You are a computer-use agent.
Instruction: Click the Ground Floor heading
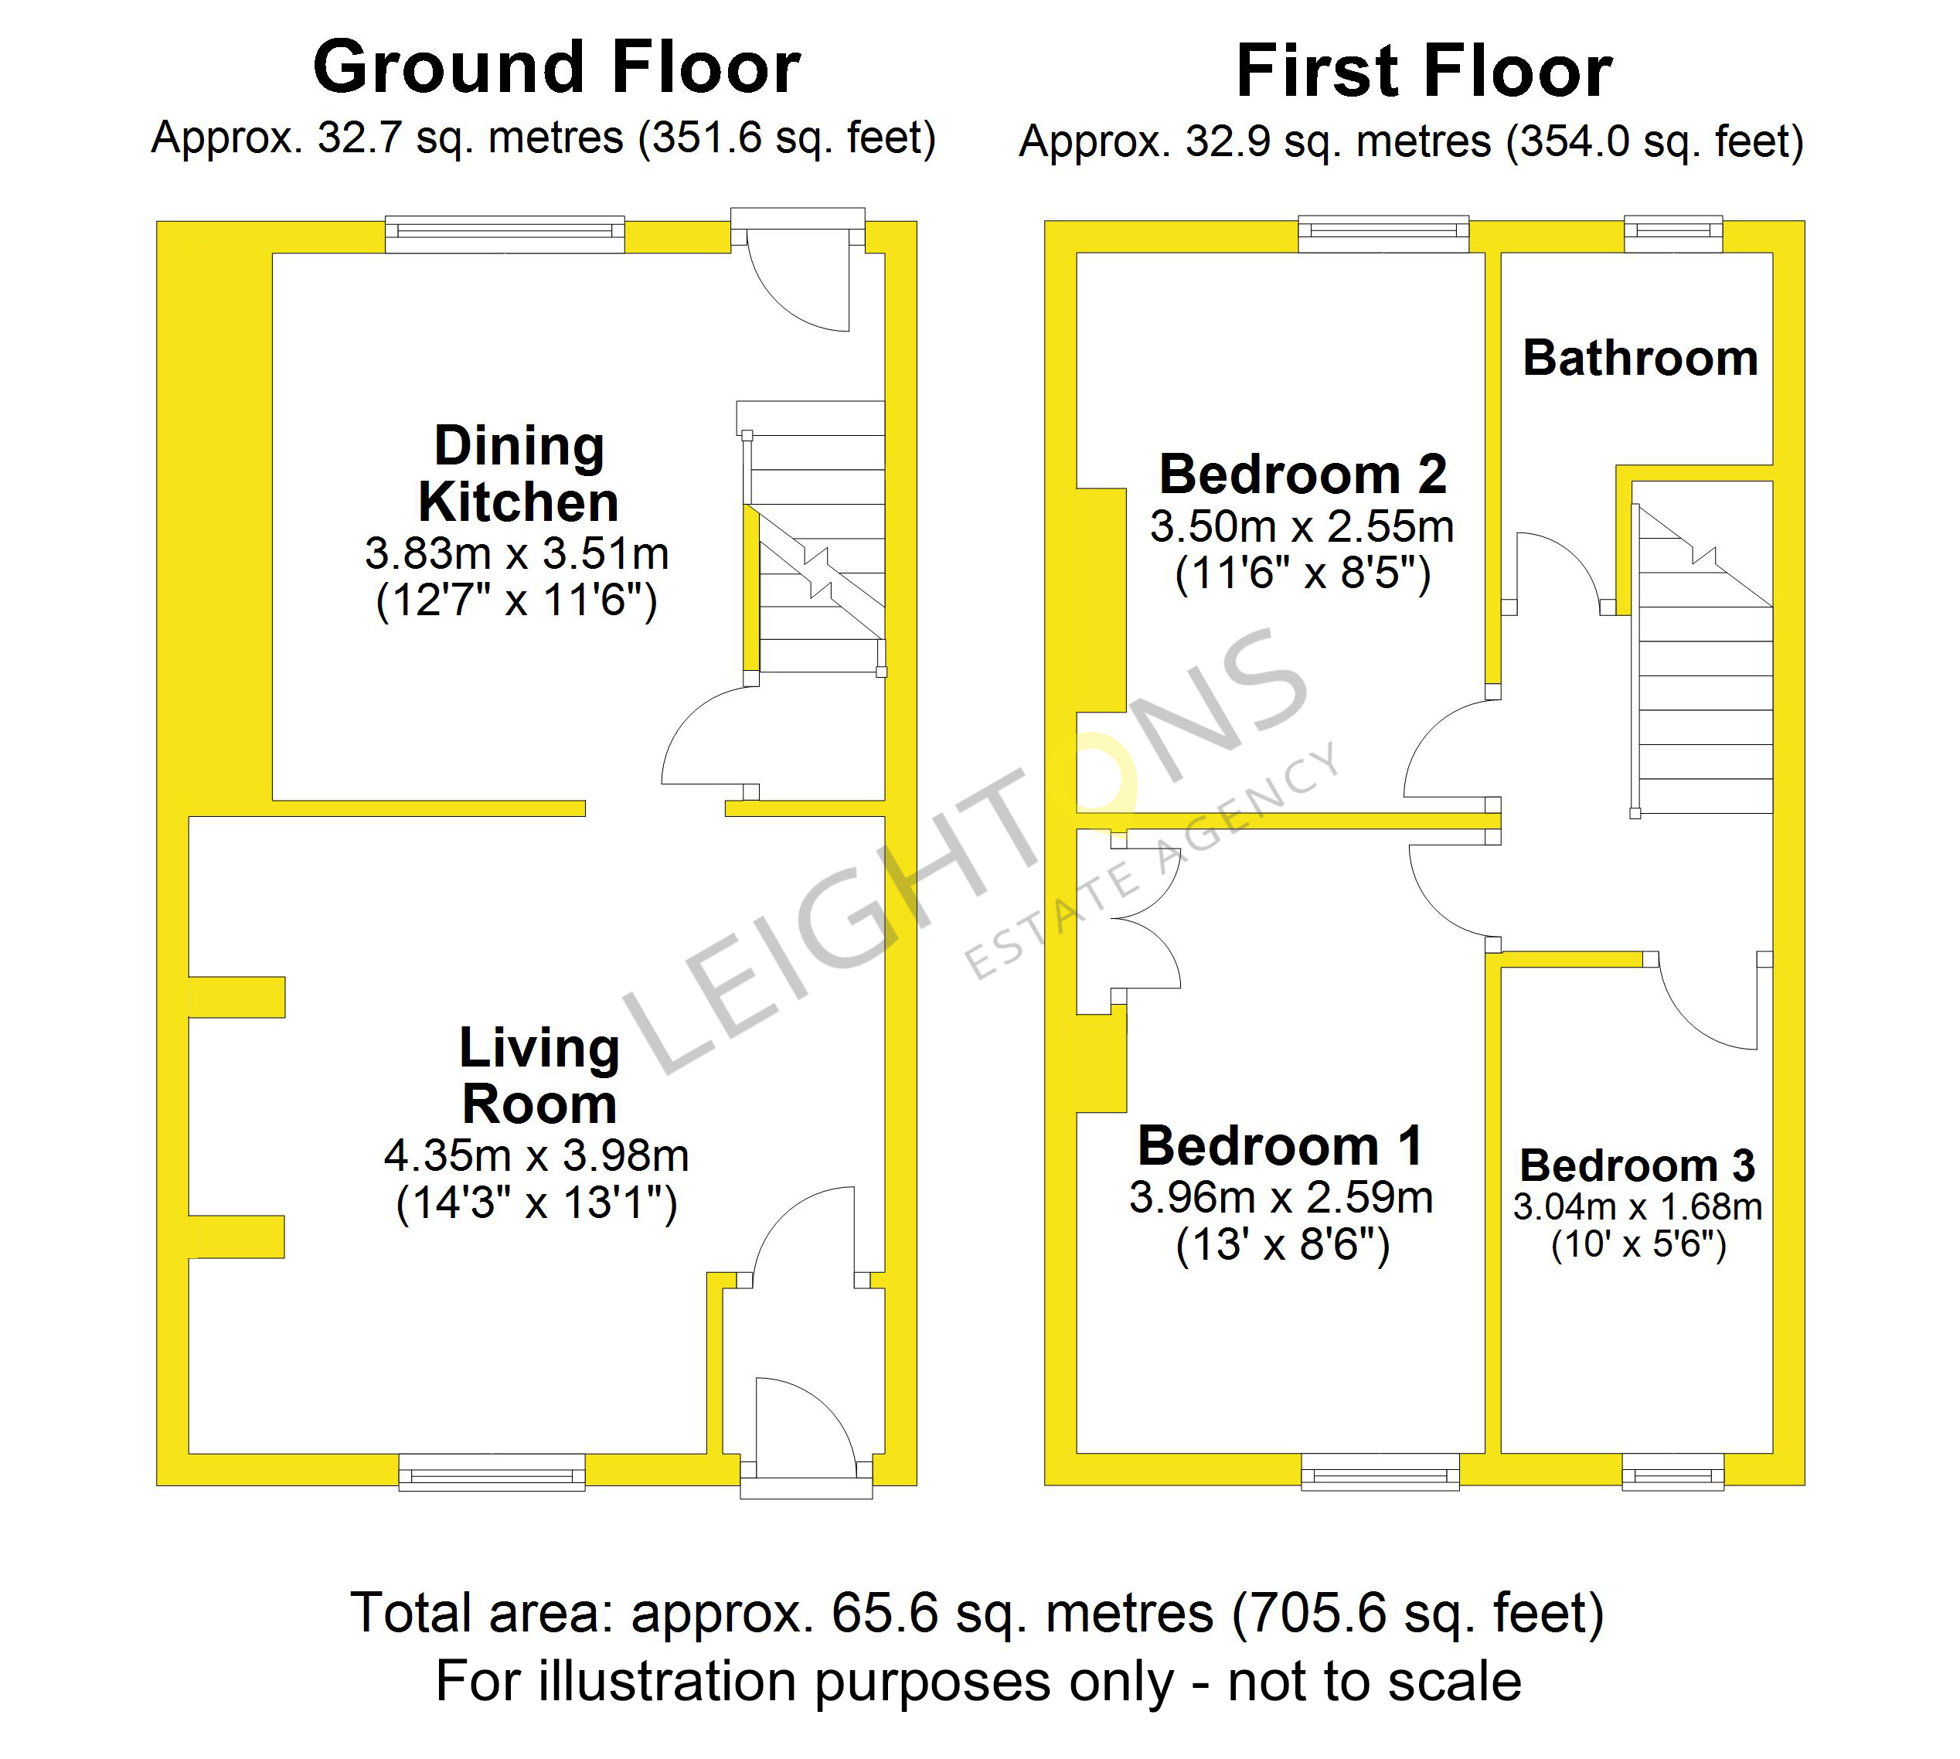[556, 68]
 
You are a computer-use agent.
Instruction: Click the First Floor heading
[1424, 72]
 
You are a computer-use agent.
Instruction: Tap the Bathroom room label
[1640, 359]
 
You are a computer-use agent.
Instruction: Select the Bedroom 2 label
[1303, 475]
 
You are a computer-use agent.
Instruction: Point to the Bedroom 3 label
[1637, 1165]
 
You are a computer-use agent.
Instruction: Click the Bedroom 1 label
[1281, 1146]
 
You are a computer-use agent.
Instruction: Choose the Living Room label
[539, 1076]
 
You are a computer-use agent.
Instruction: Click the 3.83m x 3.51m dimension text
[517, 554]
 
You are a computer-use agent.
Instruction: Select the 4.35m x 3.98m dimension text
[536, 1156]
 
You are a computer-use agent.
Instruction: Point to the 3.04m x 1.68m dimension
[1637, 1207]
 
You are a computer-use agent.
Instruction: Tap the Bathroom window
[1674, 234]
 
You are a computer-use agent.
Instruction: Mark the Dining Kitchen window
[505, 234]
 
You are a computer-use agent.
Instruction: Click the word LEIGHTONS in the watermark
[966, 850]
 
